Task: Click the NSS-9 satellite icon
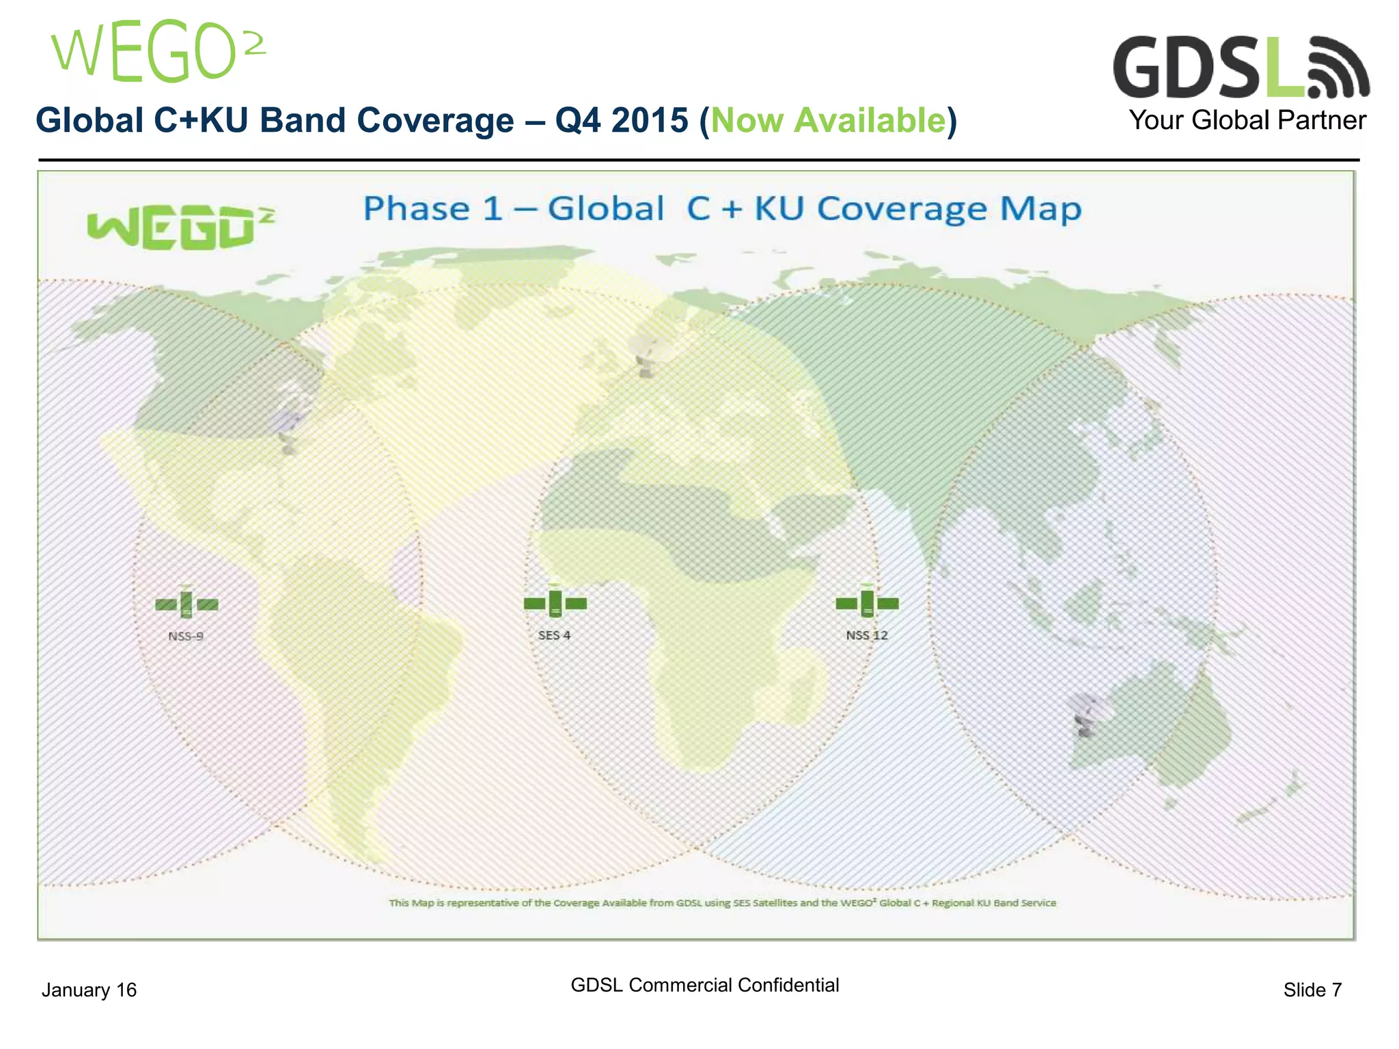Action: (x=186, y=604)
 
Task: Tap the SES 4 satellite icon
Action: (x=555, y=602)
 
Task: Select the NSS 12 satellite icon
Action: (x=867, y=602)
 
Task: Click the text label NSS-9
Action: (x=186, y=636)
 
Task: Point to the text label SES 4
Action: (x=554, y=635)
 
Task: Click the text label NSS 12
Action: (x=867, y=635)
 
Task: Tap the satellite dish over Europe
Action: (x=645, y=355)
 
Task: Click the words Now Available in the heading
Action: (x=828, y=121)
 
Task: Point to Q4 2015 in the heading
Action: (x=621, y=121)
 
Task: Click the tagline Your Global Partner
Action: (x=1247, y=121)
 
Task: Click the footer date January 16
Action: (x=89, y=990)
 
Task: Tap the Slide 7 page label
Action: (x=1312, y=990)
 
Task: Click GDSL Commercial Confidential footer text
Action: (x=704, y=985)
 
